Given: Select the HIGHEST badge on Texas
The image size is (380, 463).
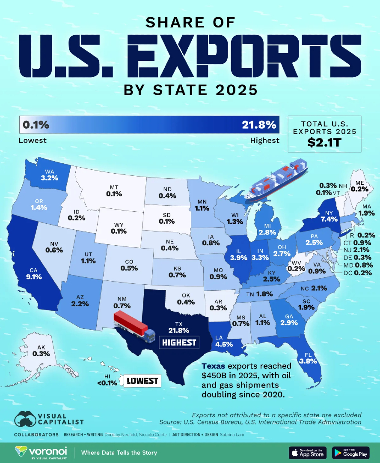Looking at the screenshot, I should click(178, 342).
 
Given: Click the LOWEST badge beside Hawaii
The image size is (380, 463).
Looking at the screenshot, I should click(142, 381).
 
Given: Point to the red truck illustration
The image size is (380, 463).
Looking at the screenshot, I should click(134, 325).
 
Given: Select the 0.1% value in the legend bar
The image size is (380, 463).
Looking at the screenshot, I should click(36, 125).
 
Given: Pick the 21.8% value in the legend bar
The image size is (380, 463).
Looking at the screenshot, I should click(258, 125).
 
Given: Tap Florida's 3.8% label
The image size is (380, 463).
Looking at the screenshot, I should click(308, 361).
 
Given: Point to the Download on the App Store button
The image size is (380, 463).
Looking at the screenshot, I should click(308, 452).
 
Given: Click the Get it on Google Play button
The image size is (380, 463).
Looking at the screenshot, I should click(350, 452).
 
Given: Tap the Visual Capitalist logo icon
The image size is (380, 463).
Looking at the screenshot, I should click(25, 420).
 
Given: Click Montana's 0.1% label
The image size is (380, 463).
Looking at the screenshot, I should click(114, 194).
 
